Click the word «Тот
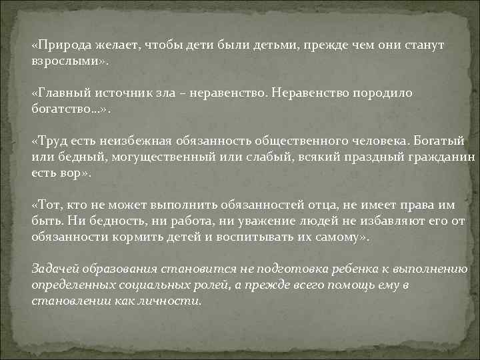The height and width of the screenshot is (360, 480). click(x=49, y=205)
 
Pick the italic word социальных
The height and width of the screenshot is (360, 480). click(x=145, y=285)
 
